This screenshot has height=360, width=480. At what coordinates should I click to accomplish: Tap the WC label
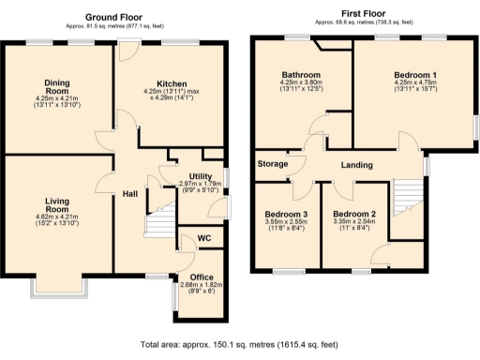(x=204, y=239)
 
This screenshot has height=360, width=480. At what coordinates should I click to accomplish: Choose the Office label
(x=202, y=277)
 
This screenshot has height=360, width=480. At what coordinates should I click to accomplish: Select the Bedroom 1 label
(x=413, y=73)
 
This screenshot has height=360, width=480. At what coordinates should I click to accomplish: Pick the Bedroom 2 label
(x=354, y=215)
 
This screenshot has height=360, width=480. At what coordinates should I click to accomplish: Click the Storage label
(x=273, y=164)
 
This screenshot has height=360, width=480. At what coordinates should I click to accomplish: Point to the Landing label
(x=354, y=166)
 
